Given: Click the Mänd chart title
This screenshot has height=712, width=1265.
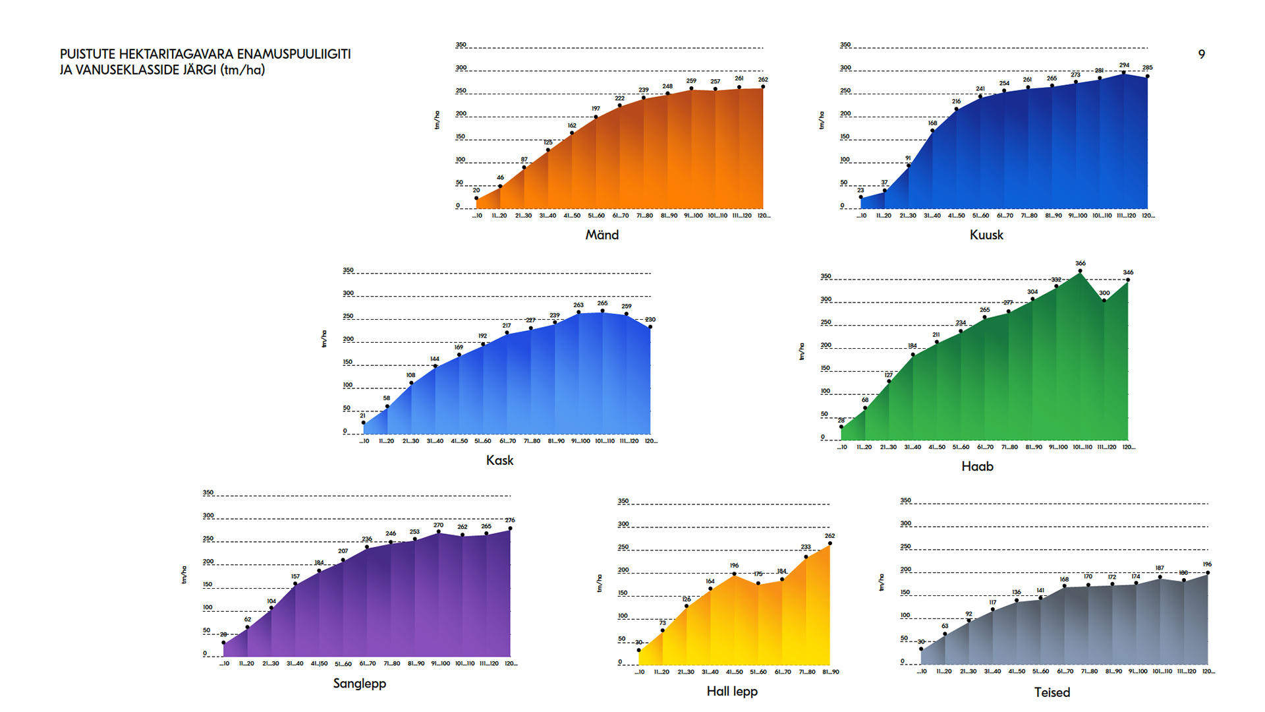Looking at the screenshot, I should pos(602,235).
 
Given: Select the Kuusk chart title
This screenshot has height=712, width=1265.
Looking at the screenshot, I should pos(986,235).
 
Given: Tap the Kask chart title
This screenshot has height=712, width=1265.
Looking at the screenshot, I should pos(499,460).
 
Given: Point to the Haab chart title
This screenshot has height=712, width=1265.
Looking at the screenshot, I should pos(977,466).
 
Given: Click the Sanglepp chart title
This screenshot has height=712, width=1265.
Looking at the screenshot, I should pos(359,683).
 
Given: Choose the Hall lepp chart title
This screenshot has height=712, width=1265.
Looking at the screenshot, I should pos(732,691).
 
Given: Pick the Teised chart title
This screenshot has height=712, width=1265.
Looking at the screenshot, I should pos(1052,692).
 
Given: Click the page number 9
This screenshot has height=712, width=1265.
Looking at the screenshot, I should pos(1202,55).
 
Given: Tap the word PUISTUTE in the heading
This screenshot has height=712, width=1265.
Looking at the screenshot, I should pos(88,54).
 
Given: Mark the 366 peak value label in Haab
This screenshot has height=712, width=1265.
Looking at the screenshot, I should pos(1081,263).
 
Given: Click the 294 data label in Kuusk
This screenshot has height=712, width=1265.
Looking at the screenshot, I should pos(1124,65).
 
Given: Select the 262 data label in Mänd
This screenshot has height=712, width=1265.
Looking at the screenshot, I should pos(763,79).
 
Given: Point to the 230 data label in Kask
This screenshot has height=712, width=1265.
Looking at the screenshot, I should pos(650,320).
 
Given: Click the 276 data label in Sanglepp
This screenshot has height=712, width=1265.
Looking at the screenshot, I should pos(510,520).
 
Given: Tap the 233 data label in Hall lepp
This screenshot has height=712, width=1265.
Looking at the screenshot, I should pos(806,547).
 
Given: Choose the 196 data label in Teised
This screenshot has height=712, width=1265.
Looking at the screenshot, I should pos(1207,564).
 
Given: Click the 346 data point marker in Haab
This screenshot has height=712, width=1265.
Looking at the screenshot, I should pos(1128,280).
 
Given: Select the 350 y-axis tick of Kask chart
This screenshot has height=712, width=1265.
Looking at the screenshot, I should pos(348,270).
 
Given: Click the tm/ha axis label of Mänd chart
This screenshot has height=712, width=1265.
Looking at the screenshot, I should pos(437,120).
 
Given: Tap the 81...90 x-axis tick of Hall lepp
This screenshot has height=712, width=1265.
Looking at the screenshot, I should pos(830,672).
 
